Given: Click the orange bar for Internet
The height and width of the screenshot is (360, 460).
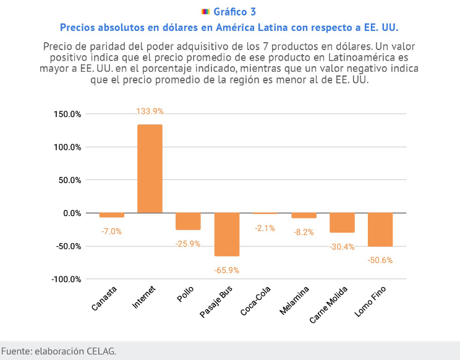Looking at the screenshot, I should point(150,169).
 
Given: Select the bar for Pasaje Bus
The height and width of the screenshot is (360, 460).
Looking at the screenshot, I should point(227,234).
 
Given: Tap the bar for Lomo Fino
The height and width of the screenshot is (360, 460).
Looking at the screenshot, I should point(380,229).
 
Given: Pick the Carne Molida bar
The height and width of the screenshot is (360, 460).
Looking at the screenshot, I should point(342,223).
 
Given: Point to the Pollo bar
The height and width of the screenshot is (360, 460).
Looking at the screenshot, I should point(188,221).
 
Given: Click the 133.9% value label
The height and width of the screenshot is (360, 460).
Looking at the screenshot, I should point(150,111).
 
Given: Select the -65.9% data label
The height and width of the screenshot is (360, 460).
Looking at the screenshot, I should point(227,270).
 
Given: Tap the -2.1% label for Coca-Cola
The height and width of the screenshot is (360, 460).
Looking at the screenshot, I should point(265,228).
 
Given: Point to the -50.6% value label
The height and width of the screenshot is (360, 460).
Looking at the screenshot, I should point(380,260).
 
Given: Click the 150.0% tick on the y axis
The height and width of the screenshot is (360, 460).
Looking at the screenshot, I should point(68,114).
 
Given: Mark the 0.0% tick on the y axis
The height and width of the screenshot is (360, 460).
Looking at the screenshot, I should point(72,213).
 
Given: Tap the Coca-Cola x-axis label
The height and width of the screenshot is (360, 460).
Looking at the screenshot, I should point(256,301).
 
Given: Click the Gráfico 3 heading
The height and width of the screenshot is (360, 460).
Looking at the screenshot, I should point(234,12).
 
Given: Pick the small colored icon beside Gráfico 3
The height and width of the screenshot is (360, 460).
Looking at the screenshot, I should point(206,12).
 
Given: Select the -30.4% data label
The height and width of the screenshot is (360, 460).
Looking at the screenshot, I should point(342,247).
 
